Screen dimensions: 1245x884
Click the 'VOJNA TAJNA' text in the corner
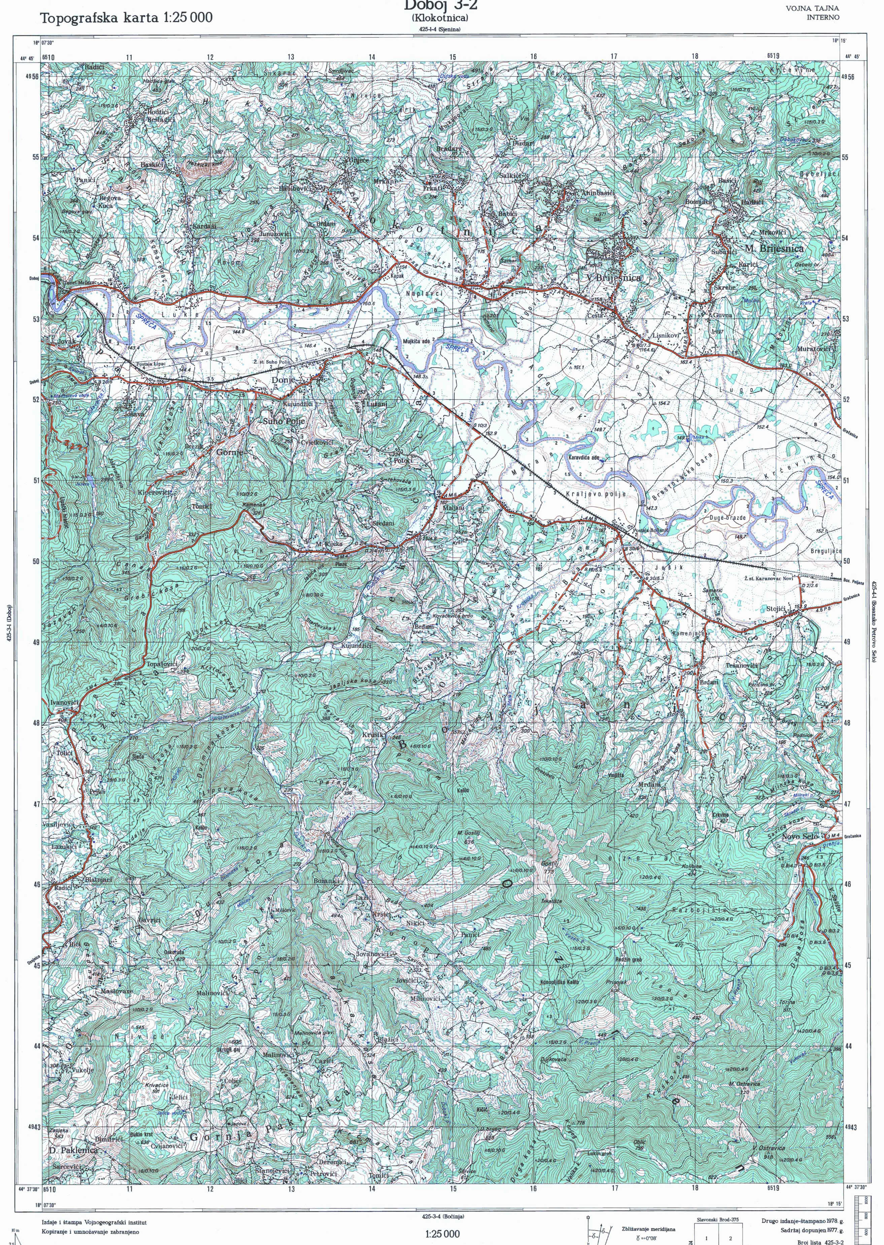[x=812, y=8]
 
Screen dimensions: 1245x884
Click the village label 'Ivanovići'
[x=66, y=703]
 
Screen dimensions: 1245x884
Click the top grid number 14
[x=372, y=57]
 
